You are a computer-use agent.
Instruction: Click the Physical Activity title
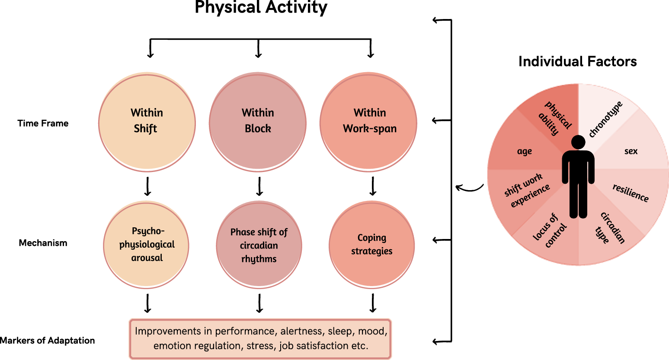261,8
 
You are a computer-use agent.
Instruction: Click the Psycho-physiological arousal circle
147,245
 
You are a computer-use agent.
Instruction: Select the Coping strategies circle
371,245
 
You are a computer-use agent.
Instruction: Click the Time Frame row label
43,124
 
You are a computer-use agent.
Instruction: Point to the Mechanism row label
43,243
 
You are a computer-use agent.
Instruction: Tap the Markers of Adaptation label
47,341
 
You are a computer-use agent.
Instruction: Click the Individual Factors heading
577,62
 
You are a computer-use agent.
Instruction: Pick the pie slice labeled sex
631,151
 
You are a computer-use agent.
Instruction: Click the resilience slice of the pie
631,192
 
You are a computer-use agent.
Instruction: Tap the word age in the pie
524,151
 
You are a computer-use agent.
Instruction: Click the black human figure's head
578,142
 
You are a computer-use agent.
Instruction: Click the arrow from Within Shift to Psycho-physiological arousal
147,186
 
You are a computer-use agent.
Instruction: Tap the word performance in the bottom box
245,331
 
